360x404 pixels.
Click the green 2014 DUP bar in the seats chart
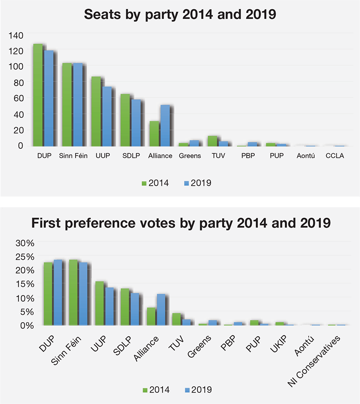coord(38,95)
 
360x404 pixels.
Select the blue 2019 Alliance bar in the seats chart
coord(165,126)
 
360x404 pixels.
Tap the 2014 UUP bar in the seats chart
coord(96,111)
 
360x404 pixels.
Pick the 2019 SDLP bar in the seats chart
coord(135,123)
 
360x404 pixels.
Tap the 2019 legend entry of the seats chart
coord(198,183)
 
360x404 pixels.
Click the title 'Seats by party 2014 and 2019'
coord(180,15)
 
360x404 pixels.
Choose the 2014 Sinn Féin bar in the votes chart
coord(74,292)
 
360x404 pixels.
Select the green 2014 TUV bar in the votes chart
coord(176,319)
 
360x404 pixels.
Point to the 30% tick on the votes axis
coord(25,243)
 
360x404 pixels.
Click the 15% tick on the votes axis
coord(25,284)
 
